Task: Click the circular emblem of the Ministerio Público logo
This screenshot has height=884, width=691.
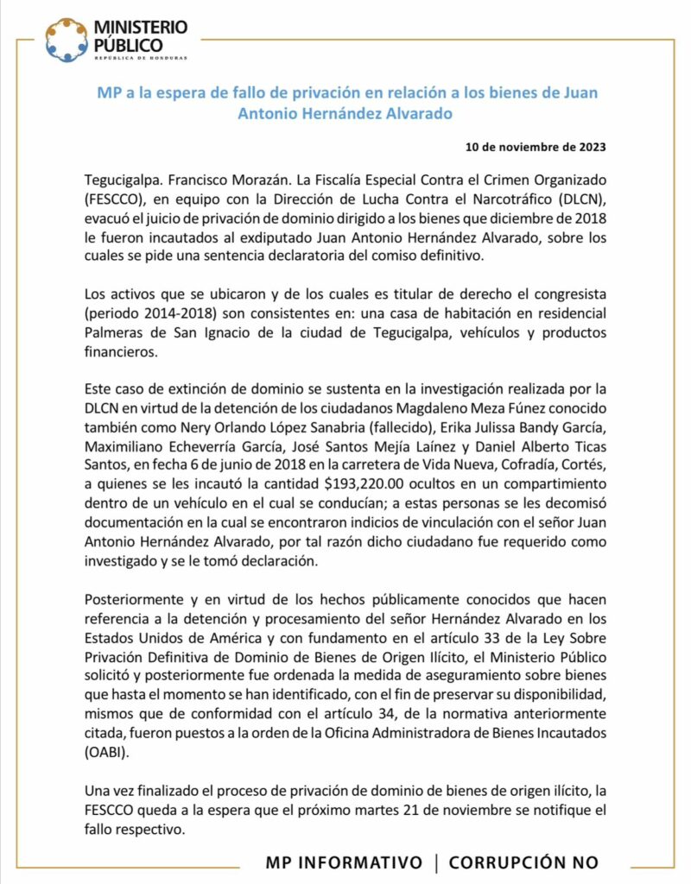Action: [x=67, y=40]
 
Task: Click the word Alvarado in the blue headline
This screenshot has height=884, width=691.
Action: [x=411, y=113]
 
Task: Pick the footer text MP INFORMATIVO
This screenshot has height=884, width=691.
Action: [x=344, y=862]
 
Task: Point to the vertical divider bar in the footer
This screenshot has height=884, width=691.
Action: [x=437, y=862]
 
